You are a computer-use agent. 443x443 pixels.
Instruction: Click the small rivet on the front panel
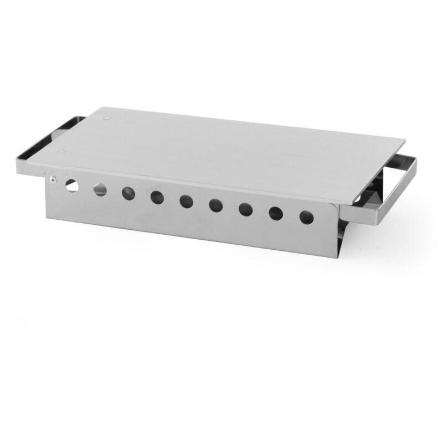[52, 179]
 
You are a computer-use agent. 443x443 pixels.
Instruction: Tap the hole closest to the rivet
[72, 185]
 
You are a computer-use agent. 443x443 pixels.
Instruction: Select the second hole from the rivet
[100, 190]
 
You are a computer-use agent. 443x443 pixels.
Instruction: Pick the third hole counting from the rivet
[128, 193]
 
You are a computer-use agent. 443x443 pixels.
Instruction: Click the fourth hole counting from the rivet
[157, 197]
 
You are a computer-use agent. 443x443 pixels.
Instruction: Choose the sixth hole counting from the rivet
[216, 205]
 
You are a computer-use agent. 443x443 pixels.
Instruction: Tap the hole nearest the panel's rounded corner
[306, 217]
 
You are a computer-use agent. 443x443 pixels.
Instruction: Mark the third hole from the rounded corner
[246, 209]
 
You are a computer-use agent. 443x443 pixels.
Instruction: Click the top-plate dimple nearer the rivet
[62, 151]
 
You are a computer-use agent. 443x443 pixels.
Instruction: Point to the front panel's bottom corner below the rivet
[47, 218]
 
